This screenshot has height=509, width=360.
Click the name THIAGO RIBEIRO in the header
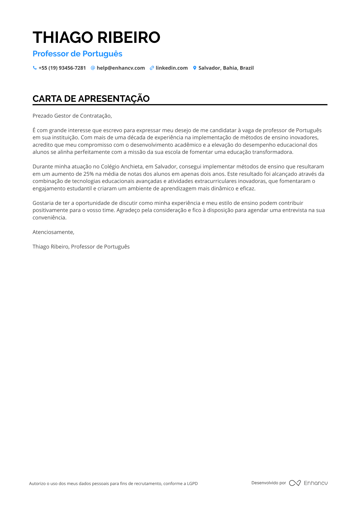tap(96, 37)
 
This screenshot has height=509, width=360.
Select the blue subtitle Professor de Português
tap(77, 54)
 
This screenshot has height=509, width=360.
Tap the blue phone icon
tap(35, 68)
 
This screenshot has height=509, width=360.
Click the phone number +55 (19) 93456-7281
tap(62, 68)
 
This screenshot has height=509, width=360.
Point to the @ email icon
tap(93, 68)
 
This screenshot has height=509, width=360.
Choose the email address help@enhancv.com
tap(121, 68)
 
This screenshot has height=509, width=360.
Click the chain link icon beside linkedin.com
tap(152, 68)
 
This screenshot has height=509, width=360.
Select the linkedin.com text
tap(172, 68)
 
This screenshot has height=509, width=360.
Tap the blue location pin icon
tap(195, 68)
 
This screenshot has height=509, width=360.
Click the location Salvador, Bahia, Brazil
tap(226, 68)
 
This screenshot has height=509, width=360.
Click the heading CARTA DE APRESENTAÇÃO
tap(91, 99)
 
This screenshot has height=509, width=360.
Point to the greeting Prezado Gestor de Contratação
tap(72, 116)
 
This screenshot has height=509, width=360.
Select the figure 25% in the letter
tap(89, 174)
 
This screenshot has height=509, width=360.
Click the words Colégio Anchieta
tap(122, 167)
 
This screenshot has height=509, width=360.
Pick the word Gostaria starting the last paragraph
tap(43, 203)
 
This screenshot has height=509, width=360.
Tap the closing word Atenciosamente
tap(53, 232)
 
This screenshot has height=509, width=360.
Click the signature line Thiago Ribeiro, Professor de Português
tap(81, 247)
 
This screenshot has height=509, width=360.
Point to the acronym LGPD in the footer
tap(192, 483)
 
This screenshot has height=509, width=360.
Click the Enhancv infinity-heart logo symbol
tap(295, 483)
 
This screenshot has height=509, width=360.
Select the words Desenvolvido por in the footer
tap(269, 483)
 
